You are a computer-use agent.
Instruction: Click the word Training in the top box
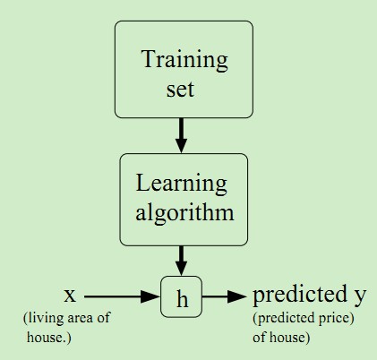tap(185, 61)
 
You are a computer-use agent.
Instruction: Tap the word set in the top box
tap(181, 90)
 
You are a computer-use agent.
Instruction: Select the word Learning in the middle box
tap(182, 184)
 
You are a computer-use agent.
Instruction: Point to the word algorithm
tap(184, 213)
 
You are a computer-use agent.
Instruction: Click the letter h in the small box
tap(182, 298)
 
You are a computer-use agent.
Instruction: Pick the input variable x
tap(70, 296)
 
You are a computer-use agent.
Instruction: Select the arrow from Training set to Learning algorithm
tap(181, 135)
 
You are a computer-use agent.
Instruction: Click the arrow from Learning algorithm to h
tap(181, 261)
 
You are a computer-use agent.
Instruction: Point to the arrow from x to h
tap(122, 296)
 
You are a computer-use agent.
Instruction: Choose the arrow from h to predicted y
tap(224, 296)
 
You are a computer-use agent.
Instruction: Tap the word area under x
tap(80, 319)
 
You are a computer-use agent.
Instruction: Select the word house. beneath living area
tap(49, 338)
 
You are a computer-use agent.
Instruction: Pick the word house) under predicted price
tap(290, 338)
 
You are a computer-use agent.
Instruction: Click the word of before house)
tap(260, 338)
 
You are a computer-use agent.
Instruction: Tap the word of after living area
tap(103, 318)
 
